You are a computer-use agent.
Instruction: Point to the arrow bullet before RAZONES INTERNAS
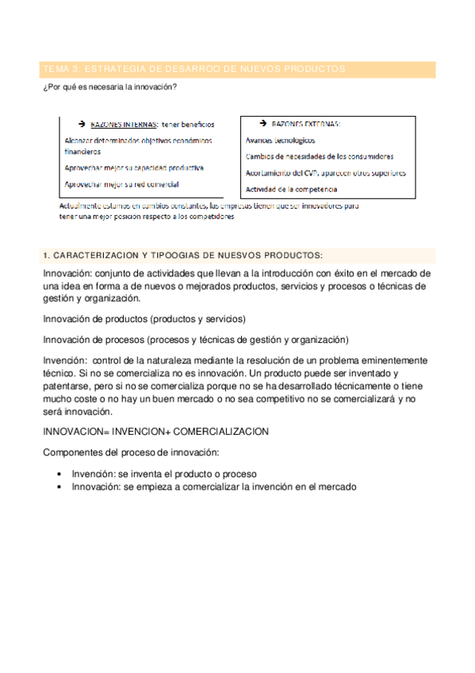[x=82, y=125]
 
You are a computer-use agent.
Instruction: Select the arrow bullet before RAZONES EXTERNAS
[x=262, y=125]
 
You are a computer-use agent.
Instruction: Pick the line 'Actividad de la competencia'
[x=292, y=189]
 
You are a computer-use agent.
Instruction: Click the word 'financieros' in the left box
[x=82, y=151]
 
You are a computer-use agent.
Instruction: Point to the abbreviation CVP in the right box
[x=322, y=173]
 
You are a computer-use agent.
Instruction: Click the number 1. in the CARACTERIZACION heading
[x=46, y=256]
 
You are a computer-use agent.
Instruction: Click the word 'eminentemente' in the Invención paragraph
[x=393, y=359]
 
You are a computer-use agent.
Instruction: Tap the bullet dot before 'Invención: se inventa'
[x=60, y=473]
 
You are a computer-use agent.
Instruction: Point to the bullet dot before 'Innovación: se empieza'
[x=60, y=486]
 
